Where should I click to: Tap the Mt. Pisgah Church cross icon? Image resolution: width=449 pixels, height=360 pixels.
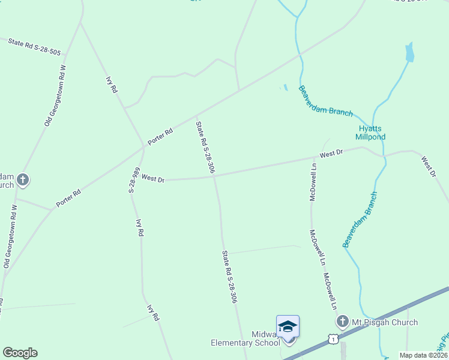(343, 322)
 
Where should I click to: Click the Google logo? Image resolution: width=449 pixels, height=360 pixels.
(20, 353)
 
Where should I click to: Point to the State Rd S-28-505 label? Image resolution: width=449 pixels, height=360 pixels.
(35, 47)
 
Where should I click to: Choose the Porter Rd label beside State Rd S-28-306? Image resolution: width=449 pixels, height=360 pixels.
(161, 135)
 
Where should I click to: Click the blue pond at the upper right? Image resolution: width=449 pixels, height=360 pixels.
(410, 53)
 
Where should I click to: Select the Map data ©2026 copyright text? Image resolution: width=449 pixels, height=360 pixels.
(423, 355)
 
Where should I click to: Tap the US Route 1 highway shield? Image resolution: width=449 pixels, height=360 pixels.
(333, 339)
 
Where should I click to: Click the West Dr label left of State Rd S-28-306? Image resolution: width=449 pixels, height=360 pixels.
(153, 179)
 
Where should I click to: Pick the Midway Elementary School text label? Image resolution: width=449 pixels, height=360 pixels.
(245, 338)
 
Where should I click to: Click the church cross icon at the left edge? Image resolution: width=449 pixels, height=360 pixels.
(23, 179)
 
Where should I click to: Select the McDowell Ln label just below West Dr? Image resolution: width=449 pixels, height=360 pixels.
(313, 181)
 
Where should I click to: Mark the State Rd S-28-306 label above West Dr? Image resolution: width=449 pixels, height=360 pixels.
(205, 148)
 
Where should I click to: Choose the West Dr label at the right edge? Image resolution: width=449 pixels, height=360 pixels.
(428, 167)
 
